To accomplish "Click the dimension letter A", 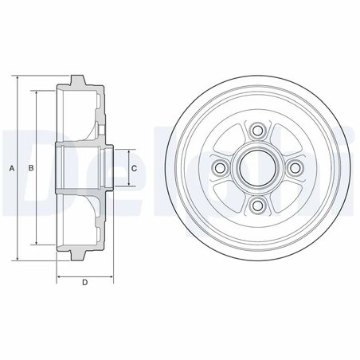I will [11, 168].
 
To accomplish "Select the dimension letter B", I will [29, 168].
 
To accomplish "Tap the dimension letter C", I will [134, 168].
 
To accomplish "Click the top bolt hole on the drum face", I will [256, 131].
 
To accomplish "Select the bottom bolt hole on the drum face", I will [256, 206].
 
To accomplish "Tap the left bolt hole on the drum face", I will [218, 168].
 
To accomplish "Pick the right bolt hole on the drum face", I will [295, 168].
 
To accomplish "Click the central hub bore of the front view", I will [256, 168].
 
